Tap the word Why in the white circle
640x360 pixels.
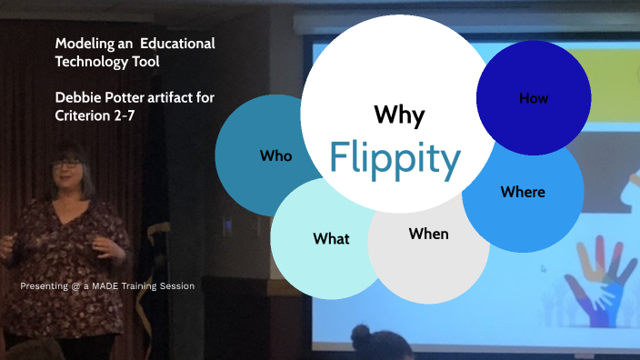pyautogui.click(x=399, y=115)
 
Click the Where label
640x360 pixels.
pyautogui.click(x=523, y=192)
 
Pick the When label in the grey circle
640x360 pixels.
pyautogui.click(x=428, y=235)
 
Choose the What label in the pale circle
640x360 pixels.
pyautogui.click(x=331, y=239)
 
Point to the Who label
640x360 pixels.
pyautogui.click(x=275, y=156)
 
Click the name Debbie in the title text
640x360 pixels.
pyautogui.click(x=79, y=98)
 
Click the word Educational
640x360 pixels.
pyautogui.click(x=179, y=44)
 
